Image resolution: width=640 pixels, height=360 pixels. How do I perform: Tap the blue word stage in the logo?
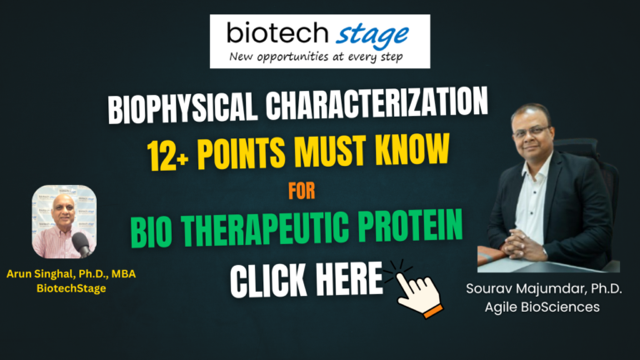click(x=372, y=35)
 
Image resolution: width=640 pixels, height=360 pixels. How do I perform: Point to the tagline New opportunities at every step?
click(x=320, y=57)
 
